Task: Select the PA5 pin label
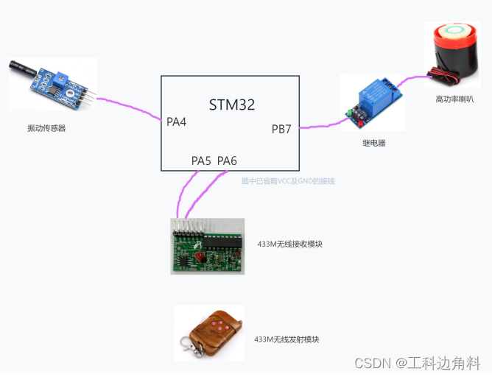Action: click(201, 161)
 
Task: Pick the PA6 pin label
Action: click(227, 161)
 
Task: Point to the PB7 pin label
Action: click(281, 130)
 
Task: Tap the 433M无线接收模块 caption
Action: click(290, 244)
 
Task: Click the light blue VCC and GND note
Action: click(288, 180)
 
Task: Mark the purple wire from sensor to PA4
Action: click(129, 104)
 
